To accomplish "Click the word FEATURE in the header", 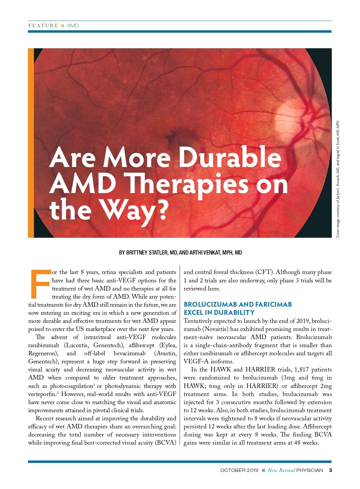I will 43,26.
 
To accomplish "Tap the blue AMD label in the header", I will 73,26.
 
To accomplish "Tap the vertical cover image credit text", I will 338,179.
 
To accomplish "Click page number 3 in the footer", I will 330,470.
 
